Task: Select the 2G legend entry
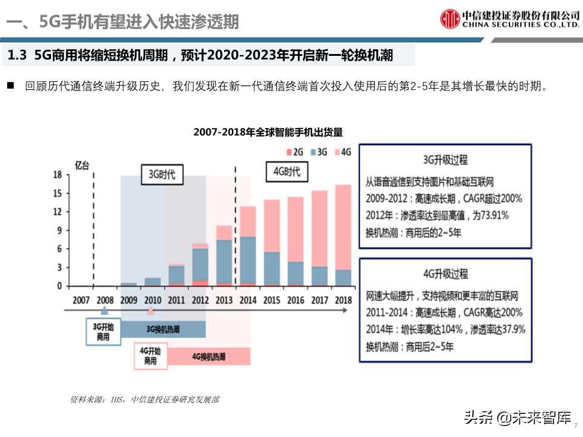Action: [x=297, y=152]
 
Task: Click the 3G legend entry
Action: [x=320, y=152]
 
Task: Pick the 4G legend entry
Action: [x=343, y=152]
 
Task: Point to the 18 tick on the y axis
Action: [x=58, y=175]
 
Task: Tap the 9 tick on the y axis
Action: [x=59, y=230]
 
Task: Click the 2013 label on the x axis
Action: [x=224, y=300]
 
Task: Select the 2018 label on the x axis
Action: [x=343, y=300]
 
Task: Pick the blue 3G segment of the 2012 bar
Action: [x=200, y=264]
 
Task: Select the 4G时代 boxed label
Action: [x=287, y=172]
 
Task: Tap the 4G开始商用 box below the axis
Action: [x=151, y=356]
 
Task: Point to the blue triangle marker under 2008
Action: [x=104, y=311]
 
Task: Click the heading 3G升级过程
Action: [x=445, y=160]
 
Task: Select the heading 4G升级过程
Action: [x=445, y=274]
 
